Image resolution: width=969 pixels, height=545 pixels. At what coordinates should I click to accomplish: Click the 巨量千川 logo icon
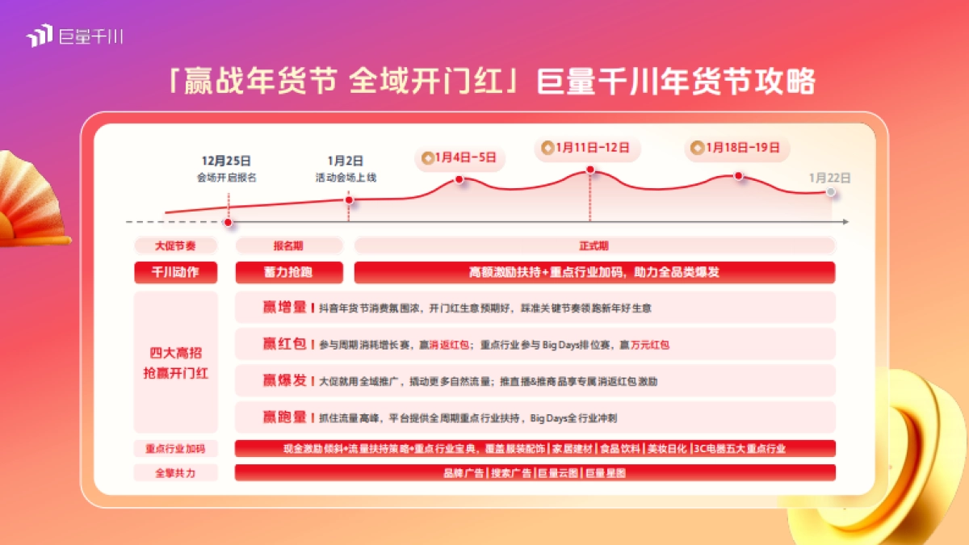coord(39,36)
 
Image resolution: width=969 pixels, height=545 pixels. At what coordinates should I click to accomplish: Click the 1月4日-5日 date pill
coord(459,157)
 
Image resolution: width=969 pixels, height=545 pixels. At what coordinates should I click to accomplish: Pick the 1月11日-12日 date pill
coord(588,148)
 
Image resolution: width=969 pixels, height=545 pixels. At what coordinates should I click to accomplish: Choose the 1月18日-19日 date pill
coord(736,148)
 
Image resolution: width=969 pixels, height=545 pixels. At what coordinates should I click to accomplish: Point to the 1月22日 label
coord(830,178)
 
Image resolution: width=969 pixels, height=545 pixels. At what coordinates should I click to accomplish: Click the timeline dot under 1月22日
coord(830,192)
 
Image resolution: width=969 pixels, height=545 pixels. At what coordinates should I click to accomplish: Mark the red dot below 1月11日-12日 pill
coord(590,170)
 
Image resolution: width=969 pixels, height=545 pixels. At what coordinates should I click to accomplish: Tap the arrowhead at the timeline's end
coord(845,222)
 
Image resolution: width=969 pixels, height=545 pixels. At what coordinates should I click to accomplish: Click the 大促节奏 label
coord(175,245)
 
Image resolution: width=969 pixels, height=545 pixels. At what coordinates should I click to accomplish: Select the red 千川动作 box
coord(175,272)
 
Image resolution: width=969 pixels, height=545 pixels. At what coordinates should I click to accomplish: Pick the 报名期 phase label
coord(288,245)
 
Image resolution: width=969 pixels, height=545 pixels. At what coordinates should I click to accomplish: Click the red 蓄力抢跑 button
coord(288,272)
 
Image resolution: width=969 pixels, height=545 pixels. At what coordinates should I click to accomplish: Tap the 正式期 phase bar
coord(594,245)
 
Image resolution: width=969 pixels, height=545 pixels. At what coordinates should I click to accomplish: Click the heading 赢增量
coord(284,307)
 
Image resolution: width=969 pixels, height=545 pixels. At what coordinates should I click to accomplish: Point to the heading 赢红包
coord(284,344)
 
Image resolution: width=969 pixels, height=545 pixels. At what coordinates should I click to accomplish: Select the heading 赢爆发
coord(284,380)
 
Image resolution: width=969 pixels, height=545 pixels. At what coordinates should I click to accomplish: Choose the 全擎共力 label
coord(175,473)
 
